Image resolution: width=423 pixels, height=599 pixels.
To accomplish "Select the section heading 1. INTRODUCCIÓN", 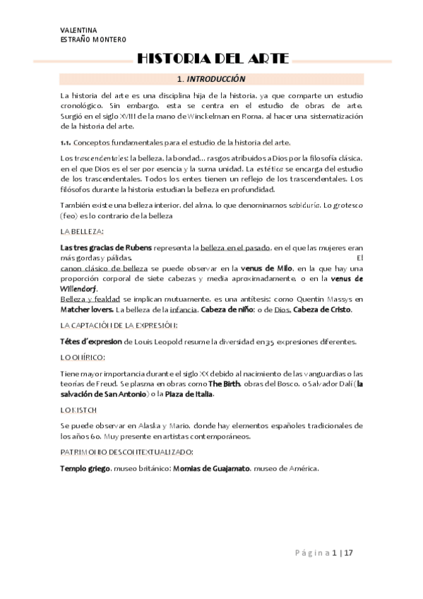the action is pos(211,79).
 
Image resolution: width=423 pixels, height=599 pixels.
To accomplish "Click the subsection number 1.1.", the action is pos(68,142).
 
